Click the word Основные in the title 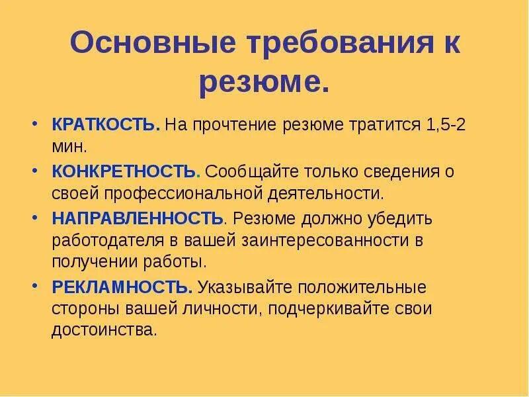tap(153, 42)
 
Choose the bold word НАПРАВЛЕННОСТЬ tap(138, 218)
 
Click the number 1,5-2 tap(446, 124)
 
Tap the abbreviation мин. tap(69, 146)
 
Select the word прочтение tap(235, 126)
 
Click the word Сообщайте tap(252, 172)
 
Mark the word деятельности tap(326, 195)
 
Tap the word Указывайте tap(245, 287)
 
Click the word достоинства tap(104, 330)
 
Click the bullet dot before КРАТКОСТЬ tap(35, 123)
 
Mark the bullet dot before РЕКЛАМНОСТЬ tap(35, 286)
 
